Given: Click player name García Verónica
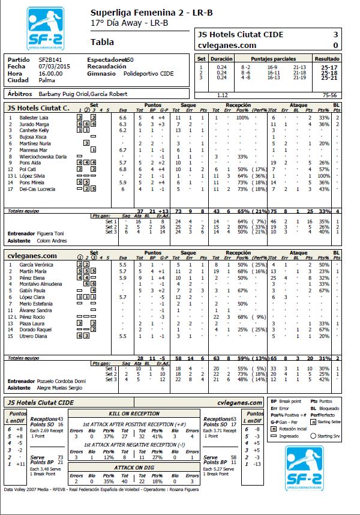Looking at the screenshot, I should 35,265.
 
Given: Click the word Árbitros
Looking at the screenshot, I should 20,95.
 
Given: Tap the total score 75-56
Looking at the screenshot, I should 329,95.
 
